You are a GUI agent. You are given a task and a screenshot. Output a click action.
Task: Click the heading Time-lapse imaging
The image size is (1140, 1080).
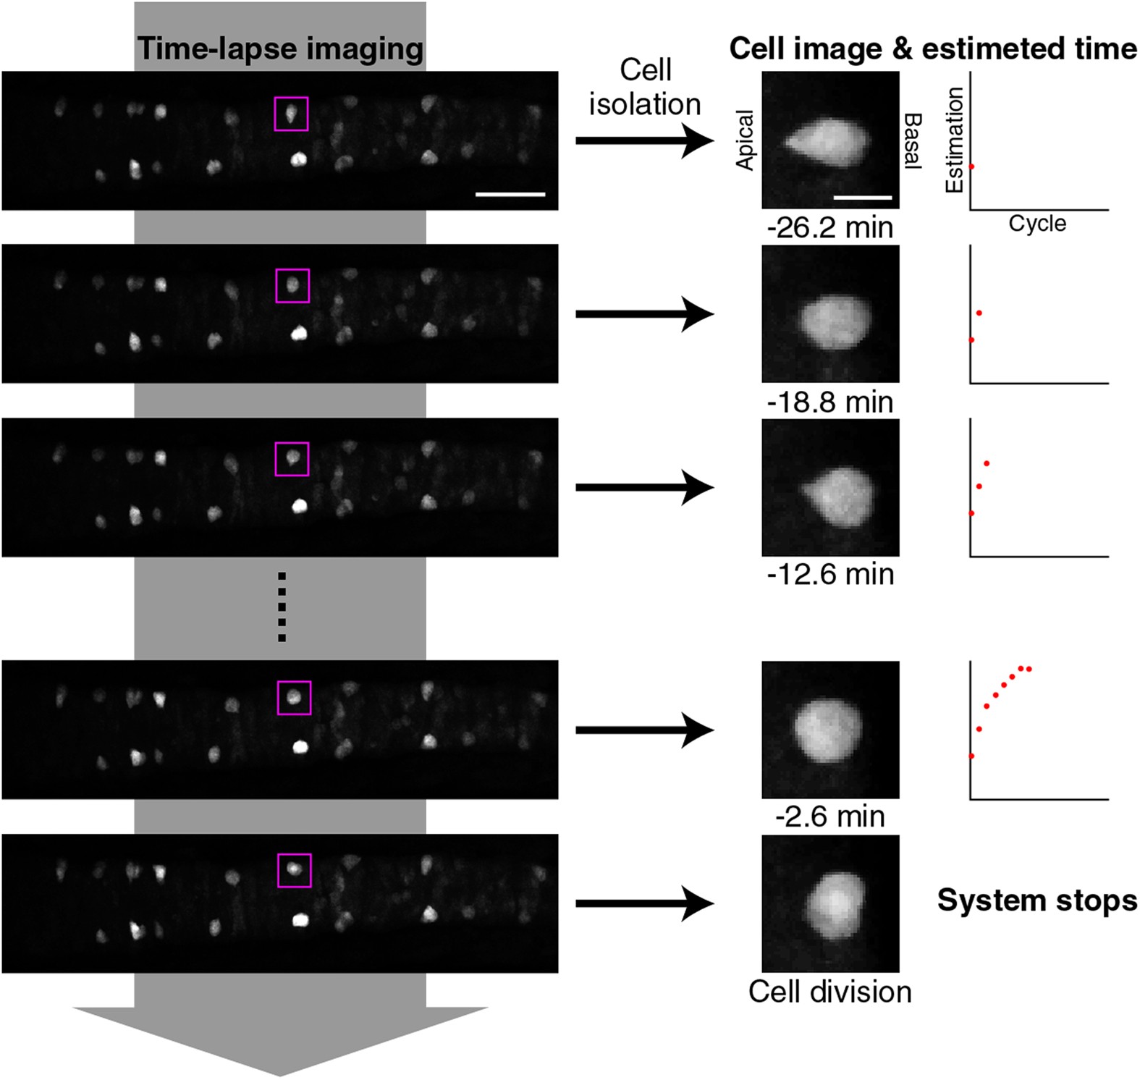point(280,49)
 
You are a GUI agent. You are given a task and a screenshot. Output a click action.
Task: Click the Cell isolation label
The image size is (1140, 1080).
point(645,88)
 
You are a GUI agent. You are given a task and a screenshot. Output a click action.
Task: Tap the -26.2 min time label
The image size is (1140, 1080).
point(830,228)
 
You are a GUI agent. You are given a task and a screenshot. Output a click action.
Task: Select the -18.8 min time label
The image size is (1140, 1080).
point(830,402)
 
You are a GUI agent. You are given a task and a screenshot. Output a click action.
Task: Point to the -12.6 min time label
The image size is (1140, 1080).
point(830,575)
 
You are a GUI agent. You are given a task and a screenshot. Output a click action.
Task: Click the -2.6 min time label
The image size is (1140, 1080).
point(830,817)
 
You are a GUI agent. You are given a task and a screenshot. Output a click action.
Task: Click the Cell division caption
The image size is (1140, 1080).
point(830,992)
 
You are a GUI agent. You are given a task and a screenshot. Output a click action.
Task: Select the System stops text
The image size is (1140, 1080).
point(1036,900)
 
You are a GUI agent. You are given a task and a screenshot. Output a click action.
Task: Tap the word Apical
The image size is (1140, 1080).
point(745,140)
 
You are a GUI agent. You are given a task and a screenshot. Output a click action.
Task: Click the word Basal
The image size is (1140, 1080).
point(913,140)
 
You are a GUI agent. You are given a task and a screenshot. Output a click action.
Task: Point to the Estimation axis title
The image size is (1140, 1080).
point(954,140)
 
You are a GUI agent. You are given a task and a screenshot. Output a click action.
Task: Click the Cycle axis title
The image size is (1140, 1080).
point(1037,224)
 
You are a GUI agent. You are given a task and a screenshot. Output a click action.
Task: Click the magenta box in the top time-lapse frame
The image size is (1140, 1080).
point(291,114)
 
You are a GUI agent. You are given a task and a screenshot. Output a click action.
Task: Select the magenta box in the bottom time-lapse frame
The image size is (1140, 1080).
point(295,870)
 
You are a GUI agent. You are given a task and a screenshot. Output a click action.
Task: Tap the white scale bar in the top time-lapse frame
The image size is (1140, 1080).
point(510,194)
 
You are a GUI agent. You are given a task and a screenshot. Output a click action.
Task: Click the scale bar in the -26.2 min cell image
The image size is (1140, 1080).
point(863,197)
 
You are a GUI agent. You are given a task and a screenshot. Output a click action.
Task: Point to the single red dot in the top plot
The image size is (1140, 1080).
point(971,166)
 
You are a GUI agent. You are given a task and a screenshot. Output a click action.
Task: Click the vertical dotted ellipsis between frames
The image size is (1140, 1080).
point(282,607)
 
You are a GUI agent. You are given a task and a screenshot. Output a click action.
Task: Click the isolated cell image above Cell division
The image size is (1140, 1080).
point(830,903)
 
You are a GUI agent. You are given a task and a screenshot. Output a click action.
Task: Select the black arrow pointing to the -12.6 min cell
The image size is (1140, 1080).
point(644,487)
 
